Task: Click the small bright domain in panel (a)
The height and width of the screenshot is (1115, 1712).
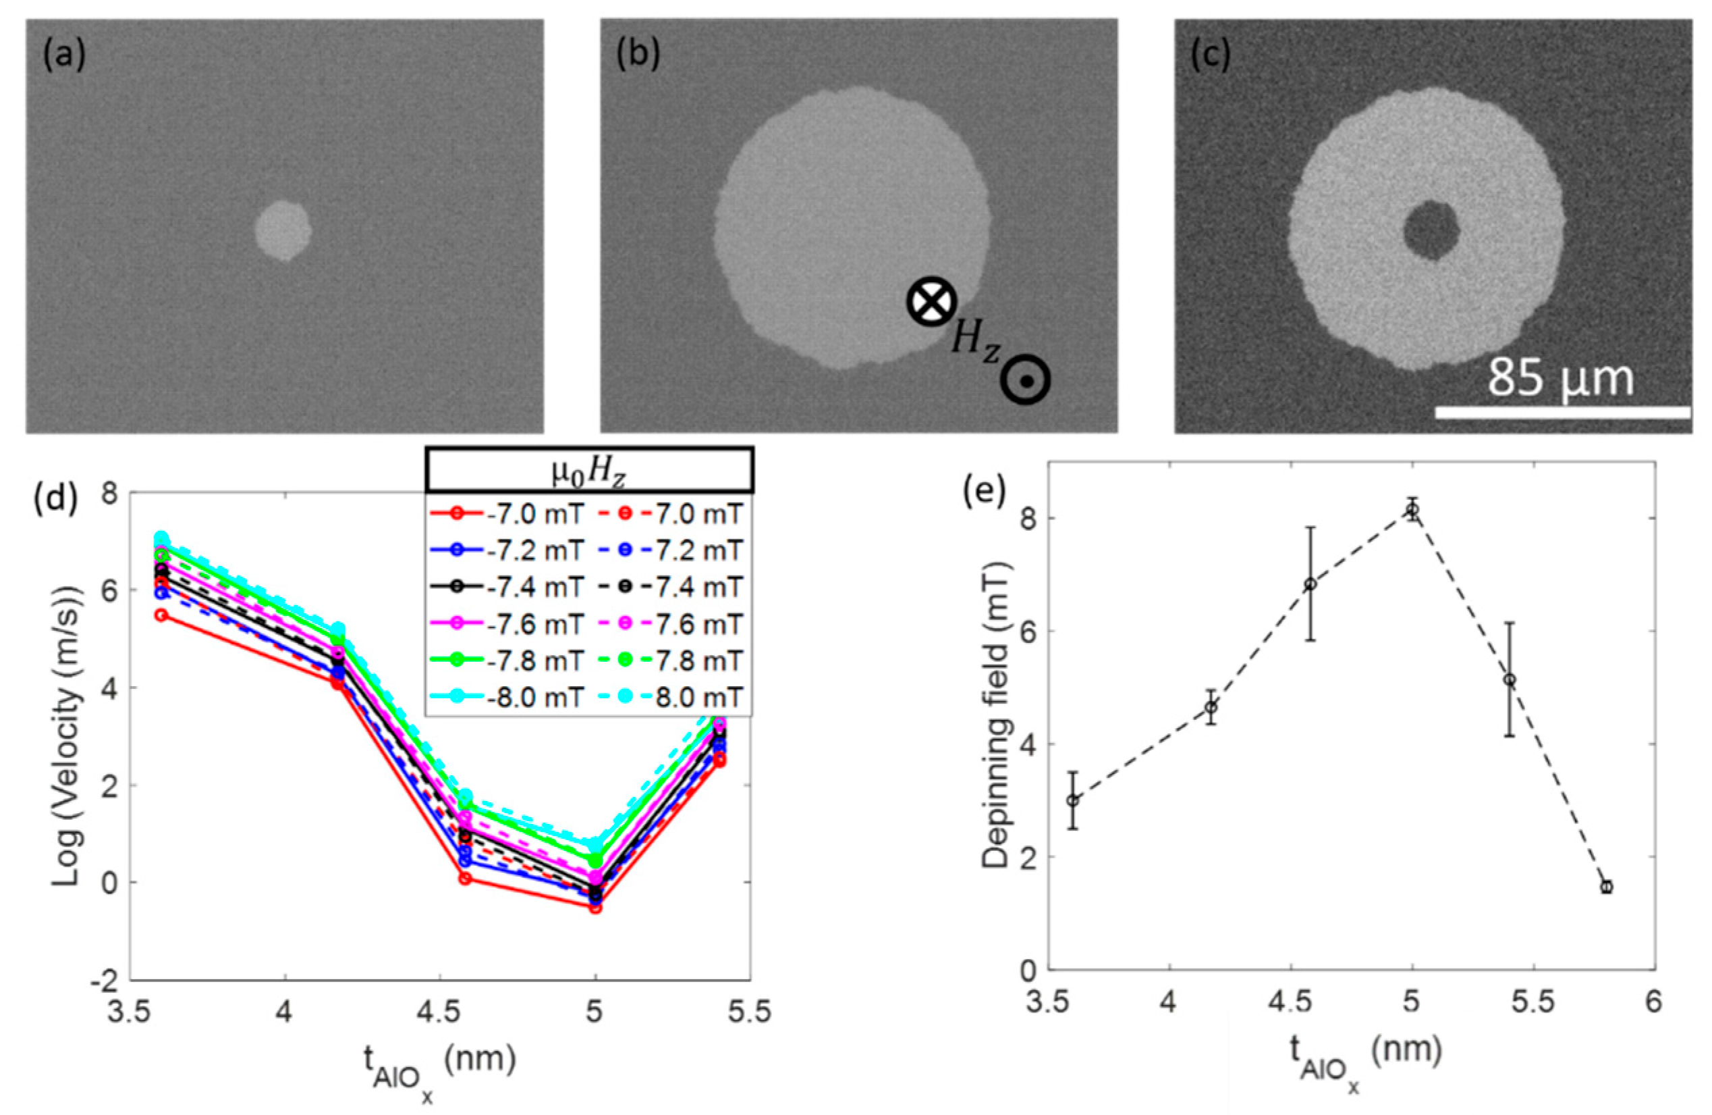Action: [283, 230]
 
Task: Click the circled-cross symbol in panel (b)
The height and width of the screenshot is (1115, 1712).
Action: [931, 301]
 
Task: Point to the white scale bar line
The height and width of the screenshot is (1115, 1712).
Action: [1561, 413]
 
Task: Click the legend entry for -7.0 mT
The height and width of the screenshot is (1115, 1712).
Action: [507, 514]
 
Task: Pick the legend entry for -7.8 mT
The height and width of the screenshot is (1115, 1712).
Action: [507, 660]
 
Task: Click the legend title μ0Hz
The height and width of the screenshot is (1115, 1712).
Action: [589, 472]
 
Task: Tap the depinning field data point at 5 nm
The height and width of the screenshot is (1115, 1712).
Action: [1413, 510]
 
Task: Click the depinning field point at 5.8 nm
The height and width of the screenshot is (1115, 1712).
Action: [1606, 887]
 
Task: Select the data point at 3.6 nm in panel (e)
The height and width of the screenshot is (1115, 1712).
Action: [1072, 800]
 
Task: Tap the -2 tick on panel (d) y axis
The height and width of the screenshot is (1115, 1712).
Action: [107, 981]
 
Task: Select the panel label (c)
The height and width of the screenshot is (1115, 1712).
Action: [1211, 55]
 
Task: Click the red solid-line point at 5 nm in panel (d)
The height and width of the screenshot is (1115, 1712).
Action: [595, 908]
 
